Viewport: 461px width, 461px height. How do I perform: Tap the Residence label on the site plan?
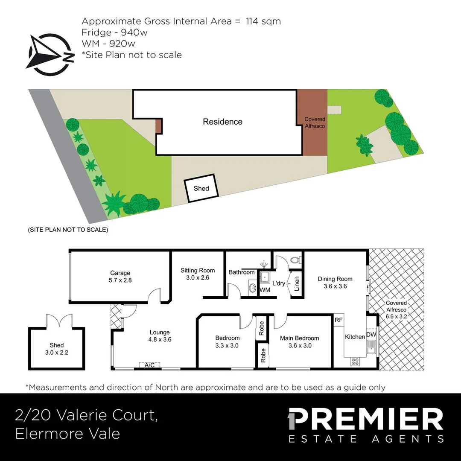pos(222,122)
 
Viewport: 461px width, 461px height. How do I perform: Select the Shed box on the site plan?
pos(201,188)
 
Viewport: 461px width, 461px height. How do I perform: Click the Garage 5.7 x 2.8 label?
pos(120,277)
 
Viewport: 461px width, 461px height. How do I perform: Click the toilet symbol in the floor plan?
pos(294,259)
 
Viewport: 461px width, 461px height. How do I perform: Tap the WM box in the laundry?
pos(265,290)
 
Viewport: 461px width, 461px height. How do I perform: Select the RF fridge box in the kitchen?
pos(338,320)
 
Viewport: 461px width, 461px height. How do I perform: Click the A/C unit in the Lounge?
pos(149,365)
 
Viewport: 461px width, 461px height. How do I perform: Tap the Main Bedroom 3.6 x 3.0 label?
pos(299,341)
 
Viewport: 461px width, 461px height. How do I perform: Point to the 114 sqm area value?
pos(263,21)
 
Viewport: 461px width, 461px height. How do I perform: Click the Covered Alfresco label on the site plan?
pos(315,123)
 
